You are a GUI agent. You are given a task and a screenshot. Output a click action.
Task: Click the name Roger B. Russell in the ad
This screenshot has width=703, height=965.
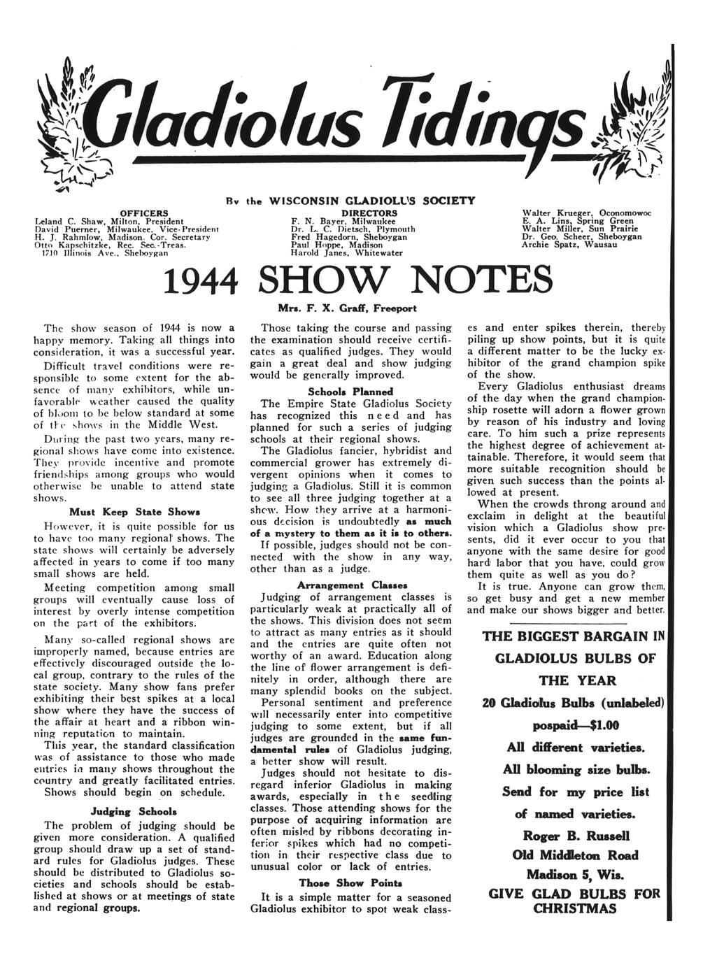pyautogui.click(x=576, y=836)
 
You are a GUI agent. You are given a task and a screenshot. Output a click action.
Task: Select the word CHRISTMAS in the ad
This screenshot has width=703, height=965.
pyautogui.click(x=575, y=909)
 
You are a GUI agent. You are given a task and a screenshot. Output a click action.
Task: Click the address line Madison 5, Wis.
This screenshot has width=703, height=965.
pyautogui.click(x=576, y=875)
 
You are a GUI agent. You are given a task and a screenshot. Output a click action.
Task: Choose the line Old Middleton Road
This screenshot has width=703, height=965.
pyautogui.click(x=575, y=855)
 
